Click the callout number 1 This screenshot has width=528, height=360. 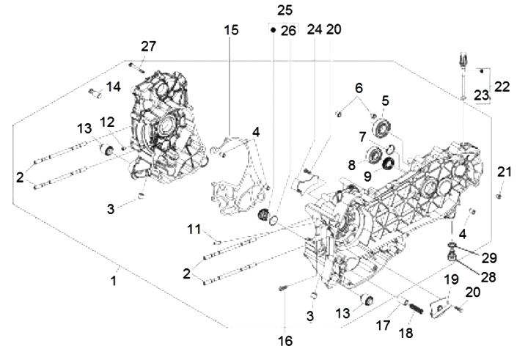tap(114, 280)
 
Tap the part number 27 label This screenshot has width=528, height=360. tap(149, 46)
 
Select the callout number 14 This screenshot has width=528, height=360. tap(112, 87)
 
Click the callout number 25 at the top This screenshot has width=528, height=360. tap(285, 10)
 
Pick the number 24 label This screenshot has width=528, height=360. tap(315, 30)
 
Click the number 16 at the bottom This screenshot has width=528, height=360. tap(285, 340)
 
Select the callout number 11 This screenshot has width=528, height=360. tap(193, 230)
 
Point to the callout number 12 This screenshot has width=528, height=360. tap(107, 121)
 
